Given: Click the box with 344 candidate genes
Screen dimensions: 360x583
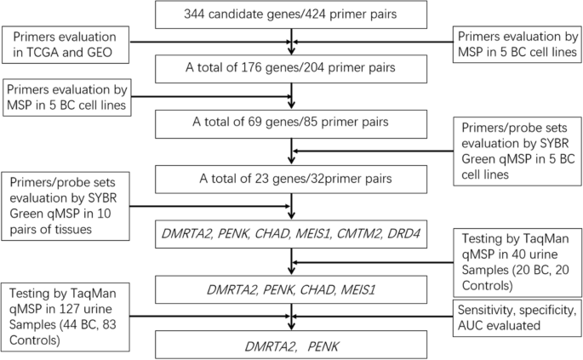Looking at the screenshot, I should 291,14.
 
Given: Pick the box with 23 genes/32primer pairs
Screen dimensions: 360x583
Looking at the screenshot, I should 291,179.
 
